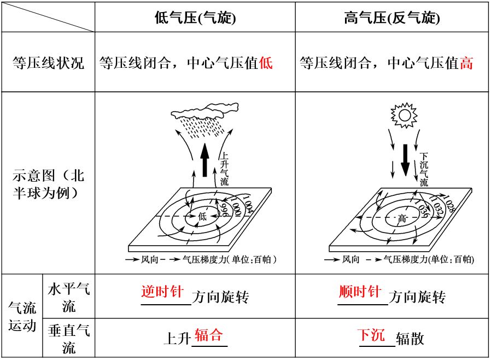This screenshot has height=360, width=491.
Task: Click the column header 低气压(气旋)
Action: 195,18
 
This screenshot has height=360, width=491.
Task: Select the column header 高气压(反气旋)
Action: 392,18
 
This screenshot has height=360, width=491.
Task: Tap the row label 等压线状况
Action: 48,63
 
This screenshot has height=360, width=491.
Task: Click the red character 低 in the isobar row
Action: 266,63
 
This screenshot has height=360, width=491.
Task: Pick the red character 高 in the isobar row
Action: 466,63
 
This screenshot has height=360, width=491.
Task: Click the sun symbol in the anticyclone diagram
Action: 404,115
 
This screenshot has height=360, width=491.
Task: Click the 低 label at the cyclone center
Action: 203,217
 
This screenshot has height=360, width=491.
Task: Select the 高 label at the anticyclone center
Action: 402,218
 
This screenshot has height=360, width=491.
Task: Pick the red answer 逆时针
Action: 162,292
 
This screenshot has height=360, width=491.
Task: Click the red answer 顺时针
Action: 360,292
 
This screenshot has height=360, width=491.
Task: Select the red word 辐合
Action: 209,335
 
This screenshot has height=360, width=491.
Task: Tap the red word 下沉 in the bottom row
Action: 371,335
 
